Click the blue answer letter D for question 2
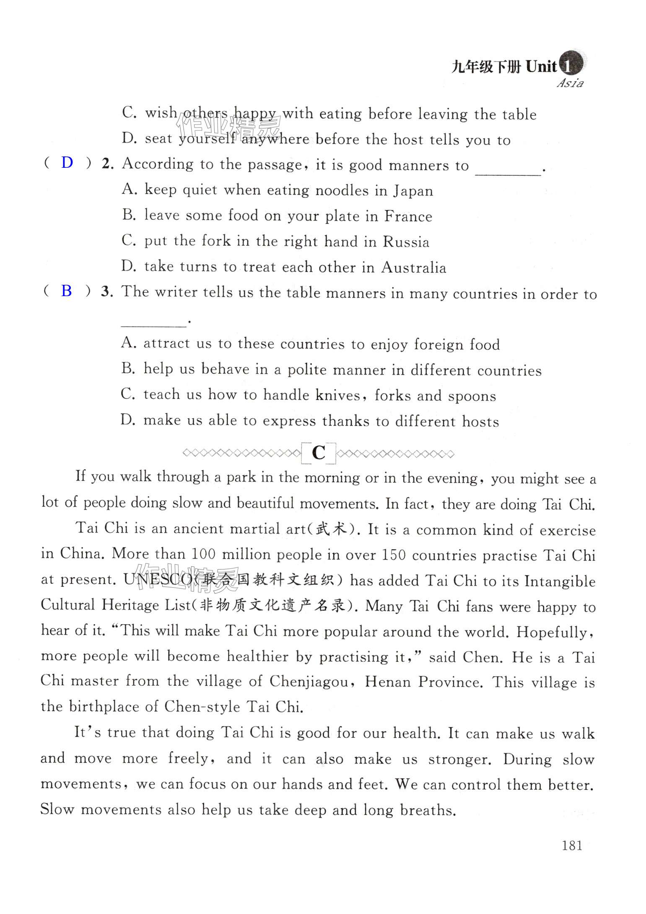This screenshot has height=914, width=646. pos(67,163)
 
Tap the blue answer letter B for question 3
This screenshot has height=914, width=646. pos(67,291)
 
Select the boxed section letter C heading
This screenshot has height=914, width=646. pos(319,453)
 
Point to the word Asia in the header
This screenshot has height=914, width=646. pos(570,83)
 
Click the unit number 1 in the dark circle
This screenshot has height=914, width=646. pos(569,66)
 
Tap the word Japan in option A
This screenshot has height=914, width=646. pos(413,191)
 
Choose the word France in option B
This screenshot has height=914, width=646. pos(408,216)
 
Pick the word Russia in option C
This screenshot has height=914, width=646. pos(406,242)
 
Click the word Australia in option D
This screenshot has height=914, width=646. pos(414,268)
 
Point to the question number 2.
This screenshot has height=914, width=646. pos(107,164)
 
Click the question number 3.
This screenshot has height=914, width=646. pos(106,292)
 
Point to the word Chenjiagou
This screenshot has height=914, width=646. pos(309,682)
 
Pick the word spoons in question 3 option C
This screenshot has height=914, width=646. pos(472,396)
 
